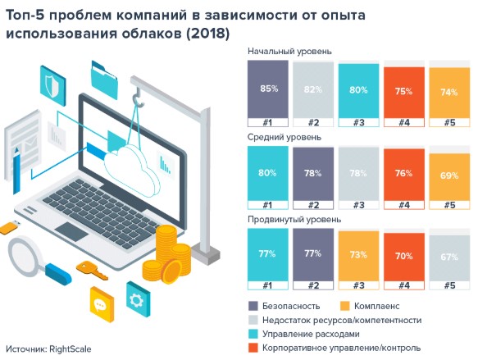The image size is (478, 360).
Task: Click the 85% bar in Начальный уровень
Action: click(267, 90)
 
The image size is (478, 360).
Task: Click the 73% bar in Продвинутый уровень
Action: click(358, 256)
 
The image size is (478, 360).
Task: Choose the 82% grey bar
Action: click(312, 90)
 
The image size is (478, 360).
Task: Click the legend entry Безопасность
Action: click(292, 305)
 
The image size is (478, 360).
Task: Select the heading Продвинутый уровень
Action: click(291, 220)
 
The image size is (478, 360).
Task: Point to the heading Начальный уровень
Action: click(289, 51)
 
